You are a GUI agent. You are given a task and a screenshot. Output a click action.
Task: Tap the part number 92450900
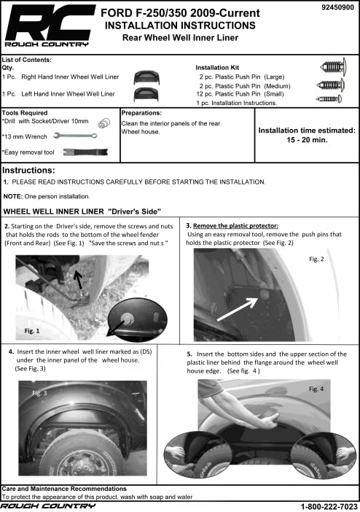[337, 7]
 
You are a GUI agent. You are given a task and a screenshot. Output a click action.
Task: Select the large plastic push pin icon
[333, 67]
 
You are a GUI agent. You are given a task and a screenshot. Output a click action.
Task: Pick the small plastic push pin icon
[329, 98]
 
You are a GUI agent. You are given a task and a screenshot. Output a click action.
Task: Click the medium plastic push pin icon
[331, 85]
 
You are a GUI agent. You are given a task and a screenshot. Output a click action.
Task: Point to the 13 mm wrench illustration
[75, 136]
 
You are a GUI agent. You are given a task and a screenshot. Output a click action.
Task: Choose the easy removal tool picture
[85, 152]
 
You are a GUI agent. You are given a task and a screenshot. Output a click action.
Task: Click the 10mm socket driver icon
[103, 123]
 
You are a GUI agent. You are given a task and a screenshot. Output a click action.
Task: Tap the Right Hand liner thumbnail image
[146, 77]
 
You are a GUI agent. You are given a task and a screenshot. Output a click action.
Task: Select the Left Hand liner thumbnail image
[146, 94]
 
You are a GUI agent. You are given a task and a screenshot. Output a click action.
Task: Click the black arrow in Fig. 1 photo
[78, 280]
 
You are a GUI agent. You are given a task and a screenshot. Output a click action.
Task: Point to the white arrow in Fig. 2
[238, 309]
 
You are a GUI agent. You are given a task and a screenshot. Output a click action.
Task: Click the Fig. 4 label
[316, 389]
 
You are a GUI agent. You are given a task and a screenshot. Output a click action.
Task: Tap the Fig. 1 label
[32, 331]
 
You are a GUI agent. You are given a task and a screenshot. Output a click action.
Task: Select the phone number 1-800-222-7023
[329, 506]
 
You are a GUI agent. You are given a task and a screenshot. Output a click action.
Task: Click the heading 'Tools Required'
[25, 113]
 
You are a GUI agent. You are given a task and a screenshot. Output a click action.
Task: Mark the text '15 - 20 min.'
[307, 140]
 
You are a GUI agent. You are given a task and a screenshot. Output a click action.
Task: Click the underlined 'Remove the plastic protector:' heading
[235, 225]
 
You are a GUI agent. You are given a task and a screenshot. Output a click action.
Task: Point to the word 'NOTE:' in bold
[13, 196]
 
